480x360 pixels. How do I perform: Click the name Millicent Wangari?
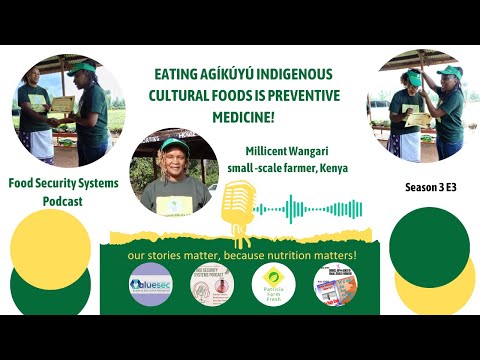(x=287, y=151)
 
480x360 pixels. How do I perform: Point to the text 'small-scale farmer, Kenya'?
(x=287, y=167)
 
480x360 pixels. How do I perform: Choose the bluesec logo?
(x=150, y=283)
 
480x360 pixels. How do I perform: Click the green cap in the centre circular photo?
(x=174, y=146)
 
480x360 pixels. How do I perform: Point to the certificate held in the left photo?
(x=63, y=103)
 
